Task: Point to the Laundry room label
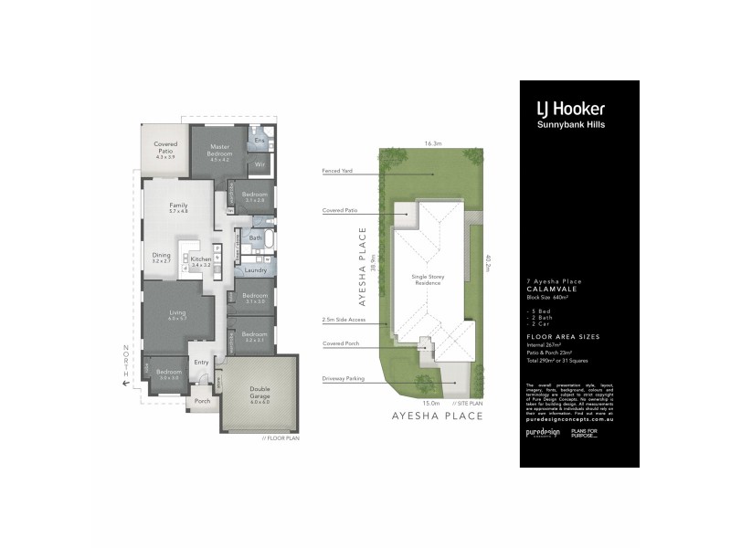tap(255, 270)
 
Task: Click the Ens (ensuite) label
tap(259, 142)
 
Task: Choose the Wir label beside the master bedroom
tap(259, 164)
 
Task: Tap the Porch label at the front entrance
tap(202, 400)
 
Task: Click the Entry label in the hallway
tap(202, 364)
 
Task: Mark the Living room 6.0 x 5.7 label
tap(177, 315)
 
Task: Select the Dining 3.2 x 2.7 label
tap(161, 258)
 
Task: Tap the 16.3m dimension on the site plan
tap(433, 143)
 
